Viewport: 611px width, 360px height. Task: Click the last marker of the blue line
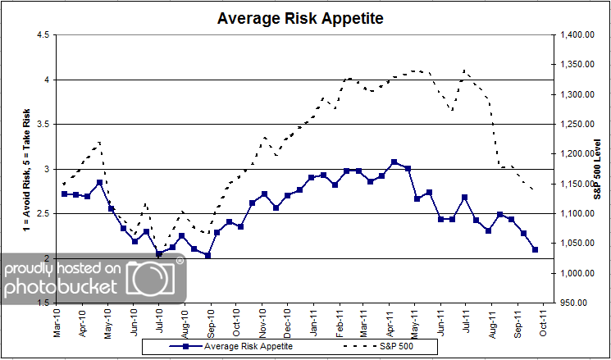[x=535, y=249]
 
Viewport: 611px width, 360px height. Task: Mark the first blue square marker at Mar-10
[x=64, y=194]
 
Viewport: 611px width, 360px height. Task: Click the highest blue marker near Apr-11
[x=394, y=162]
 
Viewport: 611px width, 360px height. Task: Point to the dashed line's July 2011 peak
[x=465, y=71]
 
